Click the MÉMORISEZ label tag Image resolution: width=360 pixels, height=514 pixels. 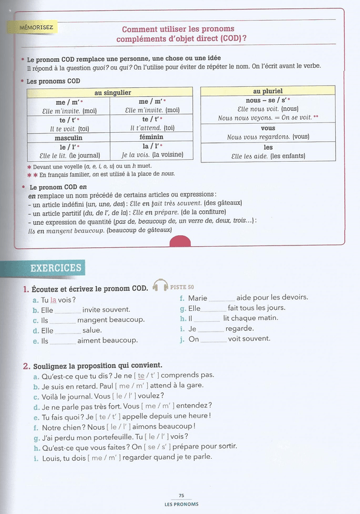(36, 28)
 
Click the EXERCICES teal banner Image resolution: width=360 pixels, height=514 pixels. (55, 268)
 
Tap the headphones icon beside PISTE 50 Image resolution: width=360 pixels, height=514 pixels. (161, 285)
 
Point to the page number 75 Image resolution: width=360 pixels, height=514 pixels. (181, 495)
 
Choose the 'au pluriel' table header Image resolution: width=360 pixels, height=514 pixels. (268, 91)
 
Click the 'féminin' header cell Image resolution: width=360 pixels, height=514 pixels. (153, 138)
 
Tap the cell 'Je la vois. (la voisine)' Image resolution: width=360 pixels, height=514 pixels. (152, 155)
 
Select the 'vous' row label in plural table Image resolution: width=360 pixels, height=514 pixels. (268, 128)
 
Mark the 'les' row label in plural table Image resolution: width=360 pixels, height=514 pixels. (268, 147)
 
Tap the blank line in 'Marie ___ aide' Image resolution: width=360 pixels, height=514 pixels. (222, 299)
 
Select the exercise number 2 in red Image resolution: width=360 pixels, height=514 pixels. (26, 365)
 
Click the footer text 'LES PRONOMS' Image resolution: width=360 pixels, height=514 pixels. (181, 504)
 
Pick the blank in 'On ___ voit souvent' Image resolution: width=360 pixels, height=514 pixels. (214, 340)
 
